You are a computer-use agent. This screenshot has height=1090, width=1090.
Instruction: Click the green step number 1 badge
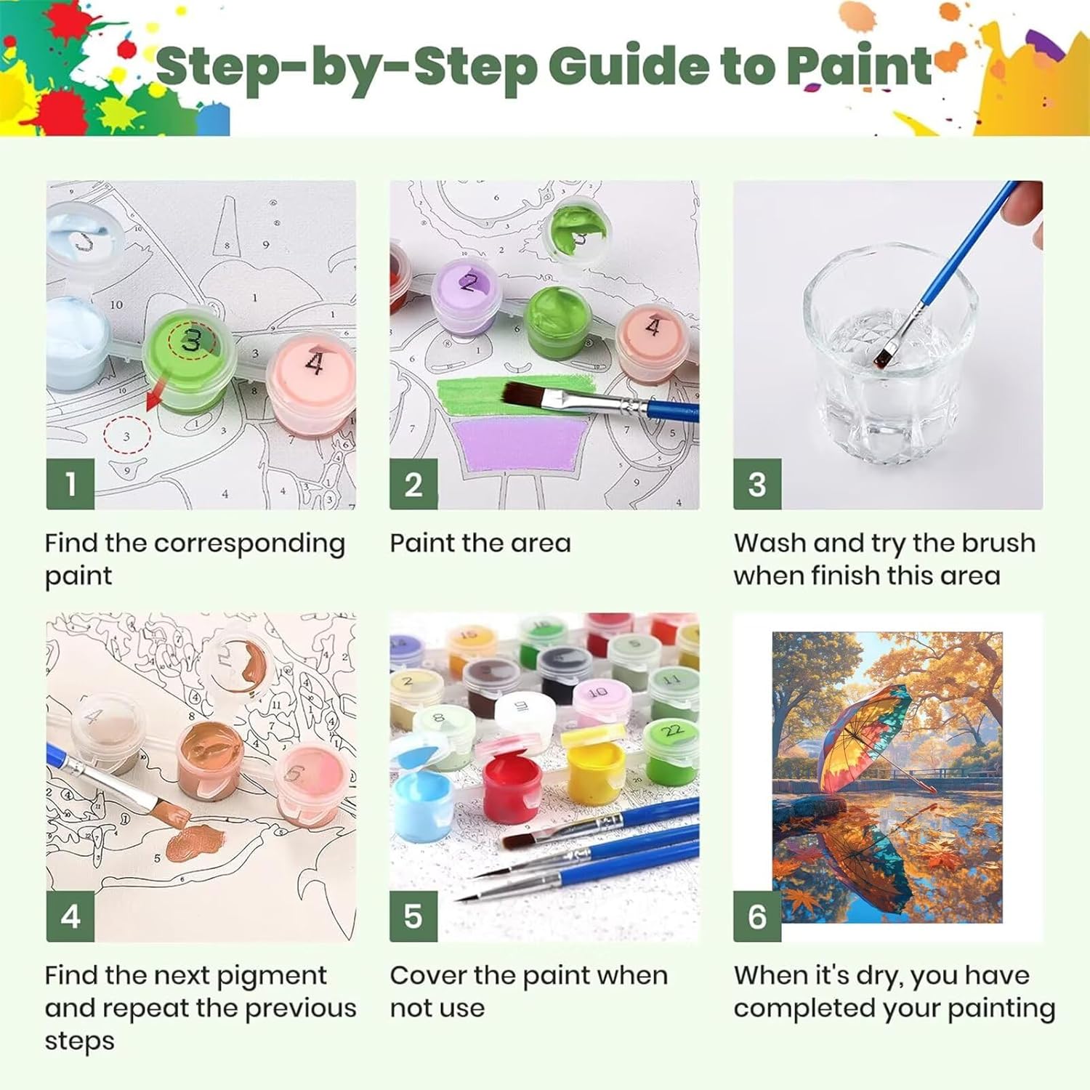coord(70,484)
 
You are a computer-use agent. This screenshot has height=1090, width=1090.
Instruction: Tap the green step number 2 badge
coord(413,484)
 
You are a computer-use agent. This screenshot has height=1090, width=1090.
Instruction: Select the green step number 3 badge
coord(757,484)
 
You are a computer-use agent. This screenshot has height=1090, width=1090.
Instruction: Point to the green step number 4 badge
coord(70,916)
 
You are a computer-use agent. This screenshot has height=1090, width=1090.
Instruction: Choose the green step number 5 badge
coord(413,916)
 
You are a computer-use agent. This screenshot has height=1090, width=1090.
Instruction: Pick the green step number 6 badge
coord(757,916)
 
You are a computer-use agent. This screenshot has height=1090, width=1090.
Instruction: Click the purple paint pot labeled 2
coord(465,298)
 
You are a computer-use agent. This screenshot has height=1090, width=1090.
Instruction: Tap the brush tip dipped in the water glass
coord(884,355)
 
